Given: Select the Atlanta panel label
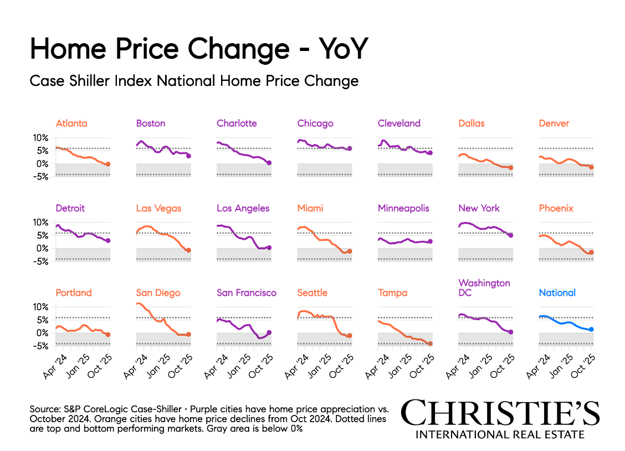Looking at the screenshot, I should [x=71, y=123].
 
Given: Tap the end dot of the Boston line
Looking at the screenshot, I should [x=189, y=156].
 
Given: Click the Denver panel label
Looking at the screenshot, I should [x=554, y=123].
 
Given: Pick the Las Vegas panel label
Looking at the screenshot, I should [x=158, y=208].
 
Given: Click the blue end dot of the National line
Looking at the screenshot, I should [x=591, y=329].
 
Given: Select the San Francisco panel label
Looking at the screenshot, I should [x=247, y=293].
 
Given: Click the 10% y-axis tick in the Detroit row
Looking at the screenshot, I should [x=41, y=222].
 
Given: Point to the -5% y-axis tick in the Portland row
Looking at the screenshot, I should [x=41, y=346].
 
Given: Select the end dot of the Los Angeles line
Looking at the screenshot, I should [x=269, y=248].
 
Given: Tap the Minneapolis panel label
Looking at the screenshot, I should [x=403, y=208].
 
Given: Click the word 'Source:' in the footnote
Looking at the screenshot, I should [x=46, y=408].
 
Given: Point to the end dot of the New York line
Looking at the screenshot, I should [x=511, y=235].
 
